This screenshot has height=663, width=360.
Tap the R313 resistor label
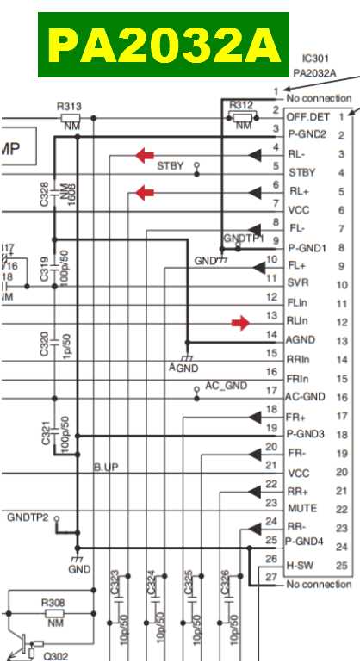pyautogui.click(x=69, y=107)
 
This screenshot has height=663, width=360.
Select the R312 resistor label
pyautogui.click(x=241, y=105)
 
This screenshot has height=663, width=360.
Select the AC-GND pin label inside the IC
pyautogui.click(x=306, y=397)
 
